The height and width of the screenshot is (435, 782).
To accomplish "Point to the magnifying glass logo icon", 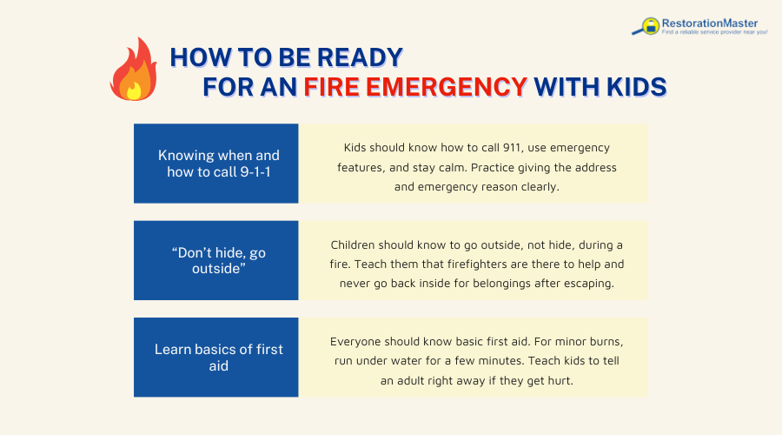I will (x=647, y=27).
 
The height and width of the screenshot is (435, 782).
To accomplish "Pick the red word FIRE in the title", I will (x=335, y=87).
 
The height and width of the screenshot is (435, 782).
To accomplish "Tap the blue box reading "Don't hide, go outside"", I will (x=216, y=261).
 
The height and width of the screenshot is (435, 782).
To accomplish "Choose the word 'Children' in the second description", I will (x=358, y=244).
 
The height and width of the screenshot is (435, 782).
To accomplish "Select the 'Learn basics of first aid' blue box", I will (x=216, y=358).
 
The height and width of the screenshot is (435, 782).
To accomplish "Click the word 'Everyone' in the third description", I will (x=358, y=341).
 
